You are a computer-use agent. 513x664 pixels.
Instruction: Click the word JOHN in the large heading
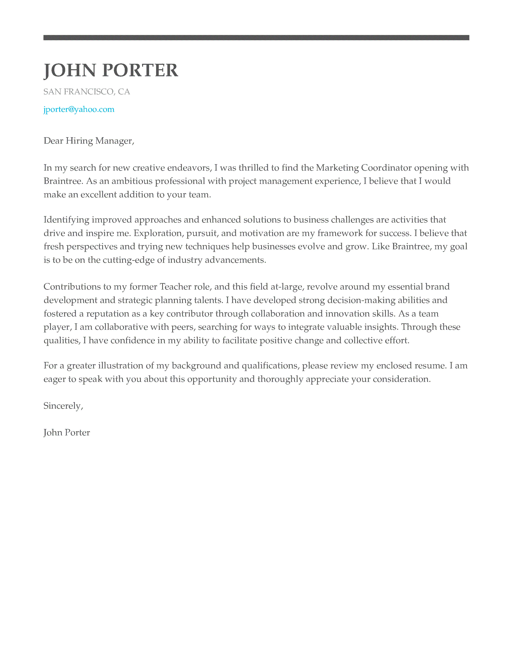click(x=70, y=71)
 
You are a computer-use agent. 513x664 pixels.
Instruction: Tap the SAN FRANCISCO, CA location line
click(x=87, y=92)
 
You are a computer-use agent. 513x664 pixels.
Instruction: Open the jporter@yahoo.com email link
click(x=79, y=109)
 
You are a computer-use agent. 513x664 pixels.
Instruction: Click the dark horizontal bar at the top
click(x=256, y=38)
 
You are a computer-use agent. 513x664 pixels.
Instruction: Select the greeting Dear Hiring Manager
click(x=89, y=141)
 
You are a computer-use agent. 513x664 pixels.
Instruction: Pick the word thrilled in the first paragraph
click(x=254, y=168)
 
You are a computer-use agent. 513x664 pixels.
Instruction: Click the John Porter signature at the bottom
click(x=67, y=433)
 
